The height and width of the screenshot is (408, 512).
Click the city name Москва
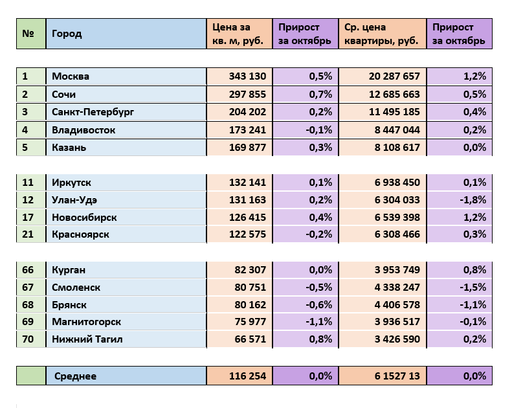point(71,76)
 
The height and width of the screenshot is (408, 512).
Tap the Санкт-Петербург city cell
point(93,112)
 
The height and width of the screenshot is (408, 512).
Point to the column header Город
point(67,34)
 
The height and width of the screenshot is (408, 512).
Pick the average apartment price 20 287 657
point(394,76)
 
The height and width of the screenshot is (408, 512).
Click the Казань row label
point(69,148)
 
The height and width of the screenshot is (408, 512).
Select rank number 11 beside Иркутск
point(28,183)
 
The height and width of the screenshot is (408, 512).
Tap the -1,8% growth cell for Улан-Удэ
point(473,200)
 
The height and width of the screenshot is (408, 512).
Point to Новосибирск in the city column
point(84,218)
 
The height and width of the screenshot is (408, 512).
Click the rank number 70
point(28,339)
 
